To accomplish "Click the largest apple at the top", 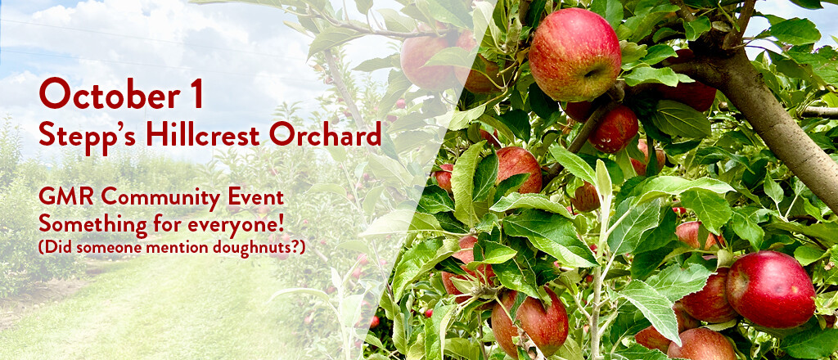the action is [x=575, y=56].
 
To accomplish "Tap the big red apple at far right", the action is [x=771, y=289].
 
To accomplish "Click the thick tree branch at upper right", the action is [x=776, y=112].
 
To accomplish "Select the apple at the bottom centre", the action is [x=529, y=322].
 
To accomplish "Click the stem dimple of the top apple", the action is [x=594, y=72].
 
